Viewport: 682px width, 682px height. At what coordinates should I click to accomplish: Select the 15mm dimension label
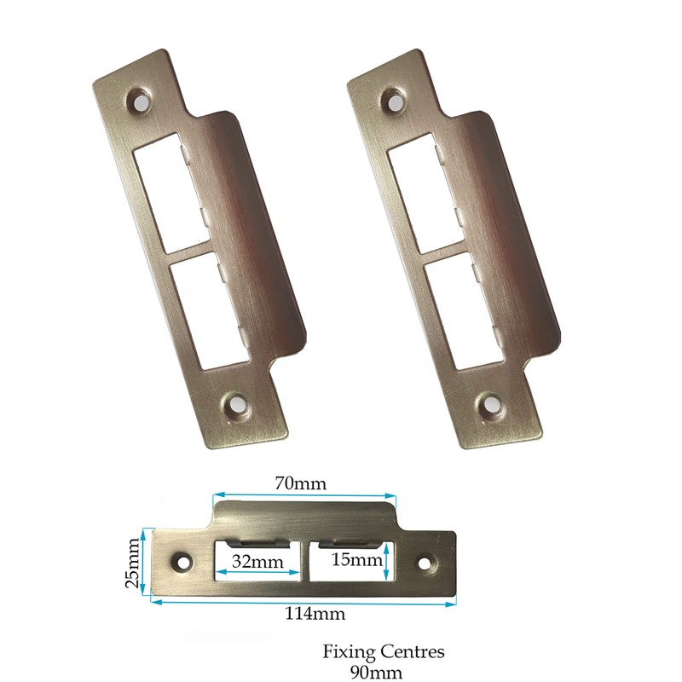pyautogui.click(x=355, y=560)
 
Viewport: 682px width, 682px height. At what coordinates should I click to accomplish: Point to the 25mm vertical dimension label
pyautogui.click(x=132, y=563)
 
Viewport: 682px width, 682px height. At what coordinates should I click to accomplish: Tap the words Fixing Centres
pyautogui.click(x=384, y=652)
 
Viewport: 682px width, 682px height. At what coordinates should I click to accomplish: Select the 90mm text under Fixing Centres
pyautogui.click(x=384, y=672)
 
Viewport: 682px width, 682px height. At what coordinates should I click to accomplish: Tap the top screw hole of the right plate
pyautogui.click(x=396, y=101)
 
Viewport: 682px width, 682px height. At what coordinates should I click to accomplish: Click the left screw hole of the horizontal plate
pyautogui.click(x=182, y=563)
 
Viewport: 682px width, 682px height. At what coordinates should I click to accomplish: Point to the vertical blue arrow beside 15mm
pyautogui.click(x=388, y=563)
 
